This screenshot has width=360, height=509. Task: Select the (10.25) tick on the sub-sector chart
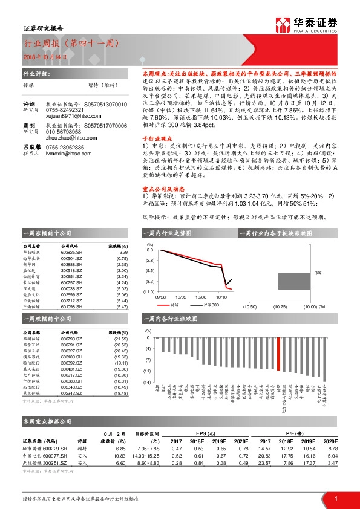(x=280, y=306)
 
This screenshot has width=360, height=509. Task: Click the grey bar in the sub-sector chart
(x=293, y=281)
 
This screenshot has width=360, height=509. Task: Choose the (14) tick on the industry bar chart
(x=147, y=383)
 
